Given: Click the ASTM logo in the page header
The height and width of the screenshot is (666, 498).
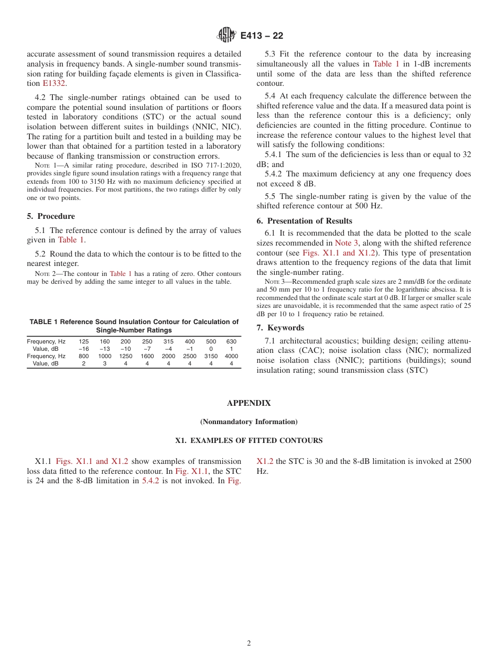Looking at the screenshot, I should point(228,35).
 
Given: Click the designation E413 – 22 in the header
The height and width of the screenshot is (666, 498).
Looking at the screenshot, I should point(262,36).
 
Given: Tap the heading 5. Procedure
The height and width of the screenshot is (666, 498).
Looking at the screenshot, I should point(51,216).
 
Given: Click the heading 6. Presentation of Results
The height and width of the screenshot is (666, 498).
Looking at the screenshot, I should point(304,221).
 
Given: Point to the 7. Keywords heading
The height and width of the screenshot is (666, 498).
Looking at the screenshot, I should point(280,328).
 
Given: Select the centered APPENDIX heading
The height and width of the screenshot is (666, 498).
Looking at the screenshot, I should point(248,403).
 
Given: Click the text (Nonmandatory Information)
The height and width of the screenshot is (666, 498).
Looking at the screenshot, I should point(248,421).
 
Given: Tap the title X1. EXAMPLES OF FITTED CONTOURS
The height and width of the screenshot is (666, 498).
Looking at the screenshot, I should point(248,441).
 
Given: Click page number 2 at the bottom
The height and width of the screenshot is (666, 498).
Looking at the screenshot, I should point(249,643).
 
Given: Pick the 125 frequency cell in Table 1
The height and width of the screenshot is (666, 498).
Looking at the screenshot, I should point(83,341).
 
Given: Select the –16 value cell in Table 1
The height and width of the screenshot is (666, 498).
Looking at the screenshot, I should point(83,349).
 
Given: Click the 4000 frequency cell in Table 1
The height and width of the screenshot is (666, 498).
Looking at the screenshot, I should point(231,356).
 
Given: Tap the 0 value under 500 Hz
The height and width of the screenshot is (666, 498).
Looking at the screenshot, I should point(211,349).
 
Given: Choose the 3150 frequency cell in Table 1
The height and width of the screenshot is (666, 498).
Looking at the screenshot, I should point(211,356).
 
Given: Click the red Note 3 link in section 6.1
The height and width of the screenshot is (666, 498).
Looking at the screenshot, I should point(346,243).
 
